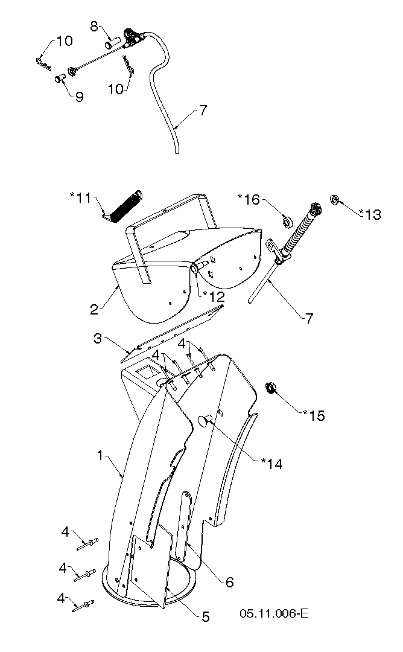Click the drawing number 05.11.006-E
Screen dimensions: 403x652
pyautogui.click(x=274, y=613)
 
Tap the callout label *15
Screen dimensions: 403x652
pyautogui.click(x=314, y=415)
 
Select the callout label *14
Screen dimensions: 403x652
pyautogui.click(x=271, y=464)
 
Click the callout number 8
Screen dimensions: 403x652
pyautogui.click(x=94, y=26)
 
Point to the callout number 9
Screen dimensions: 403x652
pyautogui.click(x=80, y=97)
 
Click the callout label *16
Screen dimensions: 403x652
pyautogui.click(x=249, y=200)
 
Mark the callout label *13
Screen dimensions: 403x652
pyautogui.click(x=370, y=214)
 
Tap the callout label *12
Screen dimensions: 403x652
pyautogui.click(x=214, y=296)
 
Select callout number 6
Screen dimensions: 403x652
pyautogui.click(x=230, y=582)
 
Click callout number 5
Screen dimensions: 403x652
pyautogui.click(x=205, y=616)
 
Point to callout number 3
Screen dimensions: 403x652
pyautogui.click(x=97, y=339)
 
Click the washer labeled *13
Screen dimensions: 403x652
pyautogui.click(x=334, y=200)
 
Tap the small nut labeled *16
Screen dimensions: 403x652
pyautogui.click(x=287, y=222)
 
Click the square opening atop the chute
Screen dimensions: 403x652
pyautogui.click(x=147, y=371)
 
